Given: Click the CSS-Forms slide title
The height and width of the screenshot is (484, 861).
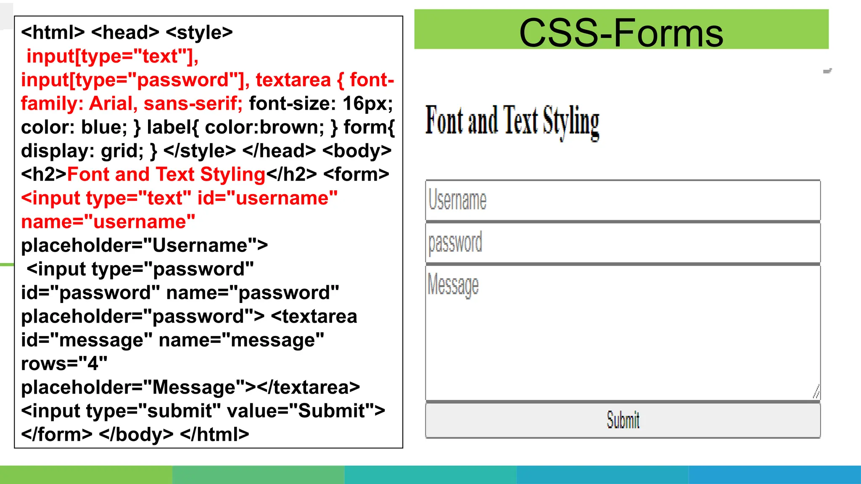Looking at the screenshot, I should click(x=621, y=33).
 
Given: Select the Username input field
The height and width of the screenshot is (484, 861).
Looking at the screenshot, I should click(x=622, y=200).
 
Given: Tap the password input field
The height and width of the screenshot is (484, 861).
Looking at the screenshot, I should click(x=622, y=243).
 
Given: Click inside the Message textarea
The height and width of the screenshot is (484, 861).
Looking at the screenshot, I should click(x=622, y=332).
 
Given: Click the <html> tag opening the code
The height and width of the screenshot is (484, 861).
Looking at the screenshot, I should click(x=53, y=33).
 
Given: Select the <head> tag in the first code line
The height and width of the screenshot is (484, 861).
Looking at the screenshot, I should click(x=125, y=33).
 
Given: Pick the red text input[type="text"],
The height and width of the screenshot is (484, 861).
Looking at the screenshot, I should click(x=112, y=56).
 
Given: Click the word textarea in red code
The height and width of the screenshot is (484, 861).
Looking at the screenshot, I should click(x=293, y=80).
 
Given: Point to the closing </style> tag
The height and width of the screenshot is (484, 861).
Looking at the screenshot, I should click(x=199, y=151).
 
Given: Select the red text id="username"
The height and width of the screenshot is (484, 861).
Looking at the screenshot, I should click(x=267, y=198).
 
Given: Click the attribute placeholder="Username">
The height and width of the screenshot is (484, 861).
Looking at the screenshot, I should click(x=144, y=245).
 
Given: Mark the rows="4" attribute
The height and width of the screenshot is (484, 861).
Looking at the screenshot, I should click(x=64, y=363).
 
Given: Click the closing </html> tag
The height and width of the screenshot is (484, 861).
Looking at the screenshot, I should click(x=214, y=434).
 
